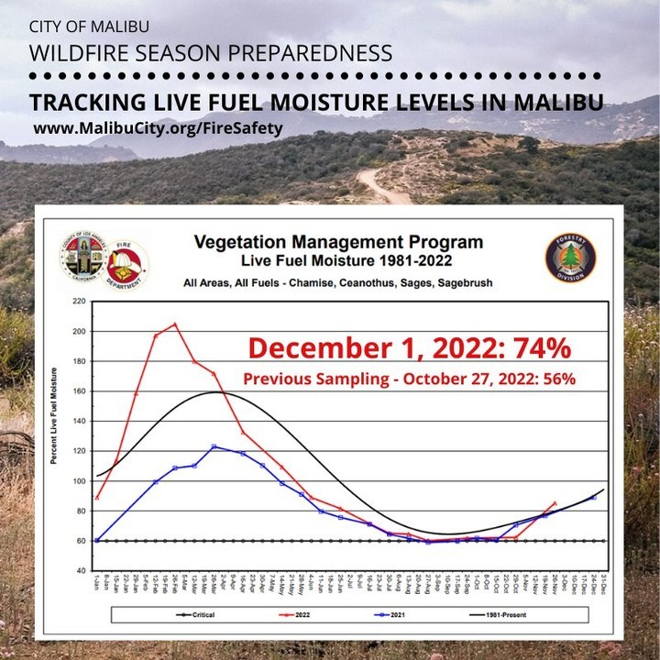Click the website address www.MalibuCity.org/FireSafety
(158, 128)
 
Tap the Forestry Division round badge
(569, 258)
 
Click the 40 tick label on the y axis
(79, 571)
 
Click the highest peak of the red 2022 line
(175, 324)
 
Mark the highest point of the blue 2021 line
(214, 446)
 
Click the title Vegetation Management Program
(338, 243)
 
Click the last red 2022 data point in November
(555, 502)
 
